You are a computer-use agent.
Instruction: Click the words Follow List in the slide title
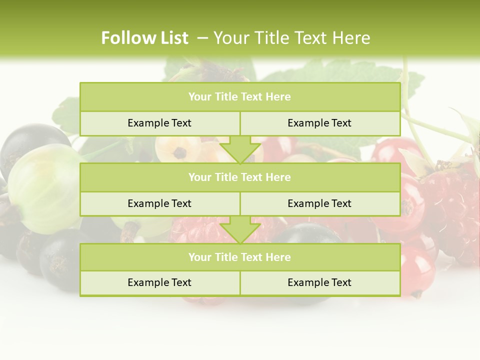pyautogui.click(x=144, y=38)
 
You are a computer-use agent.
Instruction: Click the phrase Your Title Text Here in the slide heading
pyautogui.click(x=291, y=38)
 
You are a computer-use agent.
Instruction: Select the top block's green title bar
pyautogui.click(x=240, y=97)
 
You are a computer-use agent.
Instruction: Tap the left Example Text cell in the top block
pyautogui.click(x=159, y=123)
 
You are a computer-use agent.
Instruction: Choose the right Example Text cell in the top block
pyautogui.click(x=320, y=123)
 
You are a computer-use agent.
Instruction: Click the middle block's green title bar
pyautogui.click(x=240, y=177)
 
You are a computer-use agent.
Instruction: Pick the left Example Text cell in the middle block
pyautogui.click(x=159, y=203)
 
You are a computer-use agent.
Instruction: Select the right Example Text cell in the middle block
pyautogui.click(x=320, y=203)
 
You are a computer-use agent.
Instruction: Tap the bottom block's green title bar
pyautogui.click(x=240, y=257)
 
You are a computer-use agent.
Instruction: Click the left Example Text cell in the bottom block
pyautogui.click(x=159, y=282)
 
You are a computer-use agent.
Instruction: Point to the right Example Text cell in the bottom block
pyautogui.click(x=320, y=282)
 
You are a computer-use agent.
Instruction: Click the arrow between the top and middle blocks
pyautogui.click(x=240, y=149)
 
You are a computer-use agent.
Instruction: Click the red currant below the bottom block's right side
pyautogui.click(x=415, y=270)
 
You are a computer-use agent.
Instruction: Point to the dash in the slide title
pyautogui.click(x=202, y=38)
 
